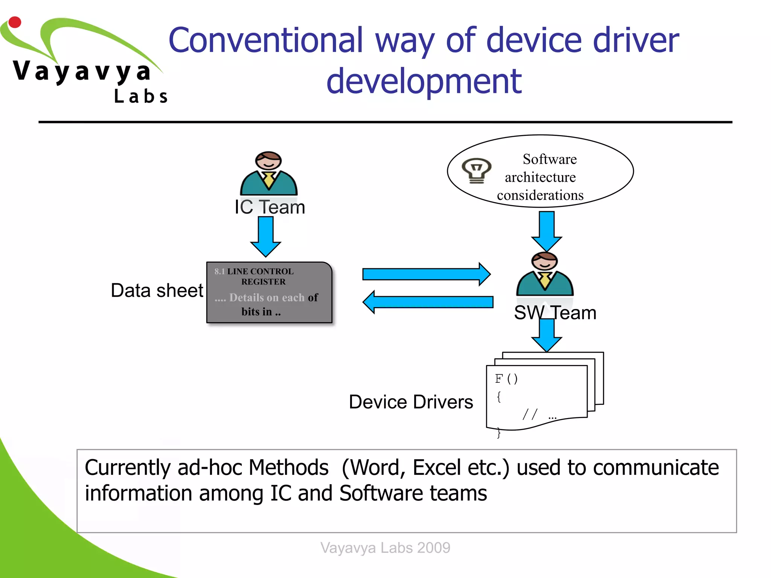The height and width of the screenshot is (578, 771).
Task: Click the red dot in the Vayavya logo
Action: pos(15,22)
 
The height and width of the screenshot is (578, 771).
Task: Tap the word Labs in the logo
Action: pos(141,96)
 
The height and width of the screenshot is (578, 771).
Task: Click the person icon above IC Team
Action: pos(268,173)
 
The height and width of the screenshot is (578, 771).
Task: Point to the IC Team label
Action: pos(270,207)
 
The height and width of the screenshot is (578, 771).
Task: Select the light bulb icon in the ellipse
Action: pos(477,170)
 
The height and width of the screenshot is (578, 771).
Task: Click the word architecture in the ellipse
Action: pos(540,177)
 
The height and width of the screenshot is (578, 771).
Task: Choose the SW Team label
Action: pos(555,313)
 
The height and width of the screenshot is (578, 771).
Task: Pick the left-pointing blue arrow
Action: pos(428,302)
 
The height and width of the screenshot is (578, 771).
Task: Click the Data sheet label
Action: pos(157,291)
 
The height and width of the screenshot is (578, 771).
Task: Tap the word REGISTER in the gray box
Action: pos(264,282)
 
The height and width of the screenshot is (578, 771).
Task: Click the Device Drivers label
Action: pos(411,402)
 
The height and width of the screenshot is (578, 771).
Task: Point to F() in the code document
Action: pos(506,379)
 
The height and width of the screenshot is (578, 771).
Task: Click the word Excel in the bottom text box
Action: pos(437,468)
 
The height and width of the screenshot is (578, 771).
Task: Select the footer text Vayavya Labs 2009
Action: pos(385,548)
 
